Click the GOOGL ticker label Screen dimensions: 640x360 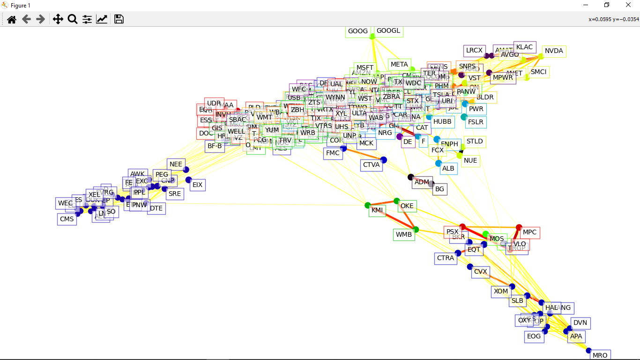click(389, 31)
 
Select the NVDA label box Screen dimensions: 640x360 click(554, 51)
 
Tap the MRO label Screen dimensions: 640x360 click(600, 355)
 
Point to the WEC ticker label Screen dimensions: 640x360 click(65, 203)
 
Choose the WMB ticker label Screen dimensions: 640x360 click(404, 234)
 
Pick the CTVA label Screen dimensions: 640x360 click(372, 165)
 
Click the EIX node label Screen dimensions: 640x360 click(197, 185)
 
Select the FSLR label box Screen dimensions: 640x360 click(476, 122)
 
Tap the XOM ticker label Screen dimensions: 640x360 click(501, 291)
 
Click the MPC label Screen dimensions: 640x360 click(529, 232)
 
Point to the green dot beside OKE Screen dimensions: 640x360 click(396, 201)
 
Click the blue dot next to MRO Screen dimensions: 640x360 click(588, 350)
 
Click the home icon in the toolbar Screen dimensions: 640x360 click(12, 19)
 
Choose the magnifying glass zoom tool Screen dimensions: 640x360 click(73, 19)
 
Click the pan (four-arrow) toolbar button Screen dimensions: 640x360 click(58, 19)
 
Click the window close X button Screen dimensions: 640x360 click(628, 5)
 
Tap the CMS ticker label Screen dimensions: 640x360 click(67, 219)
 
